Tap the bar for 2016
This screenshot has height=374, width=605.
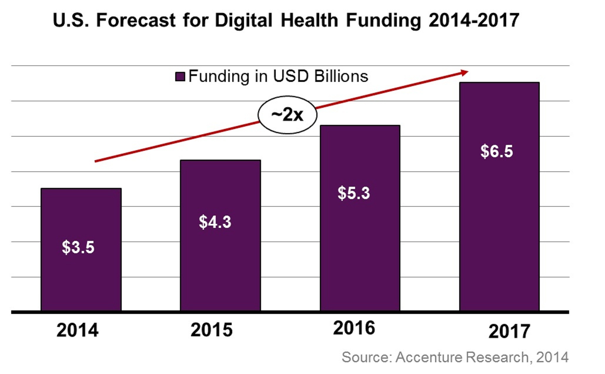point(360,250)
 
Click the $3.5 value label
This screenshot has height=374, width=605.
point(78,247)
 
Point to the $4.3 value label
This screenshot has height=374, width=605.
point(215,222)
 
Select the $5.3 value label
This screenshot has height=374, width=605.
point(354,193)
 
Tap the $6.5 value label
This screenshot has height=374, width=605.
point(497,151)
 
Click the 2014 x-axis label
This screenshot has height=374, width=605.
point(77,330)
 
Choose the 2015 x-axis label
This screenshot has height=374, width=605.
point(211,330)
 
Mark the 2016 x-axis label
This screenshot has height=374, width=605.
point(354,328)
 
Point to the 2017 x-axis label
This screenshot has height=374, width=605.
point(509,331)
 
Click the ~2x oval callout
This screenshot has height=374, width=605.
point(287,115)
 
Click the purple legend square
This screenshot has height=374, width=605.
point(180,77)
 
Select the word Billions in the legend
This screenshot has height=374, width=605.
point(341,76)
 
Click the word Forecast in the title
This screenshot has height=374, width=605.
point(136,20)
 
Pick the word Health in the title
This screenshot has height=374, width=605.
point(309,20)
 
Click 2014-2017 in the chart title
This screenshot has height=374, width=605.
point(474,20)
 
